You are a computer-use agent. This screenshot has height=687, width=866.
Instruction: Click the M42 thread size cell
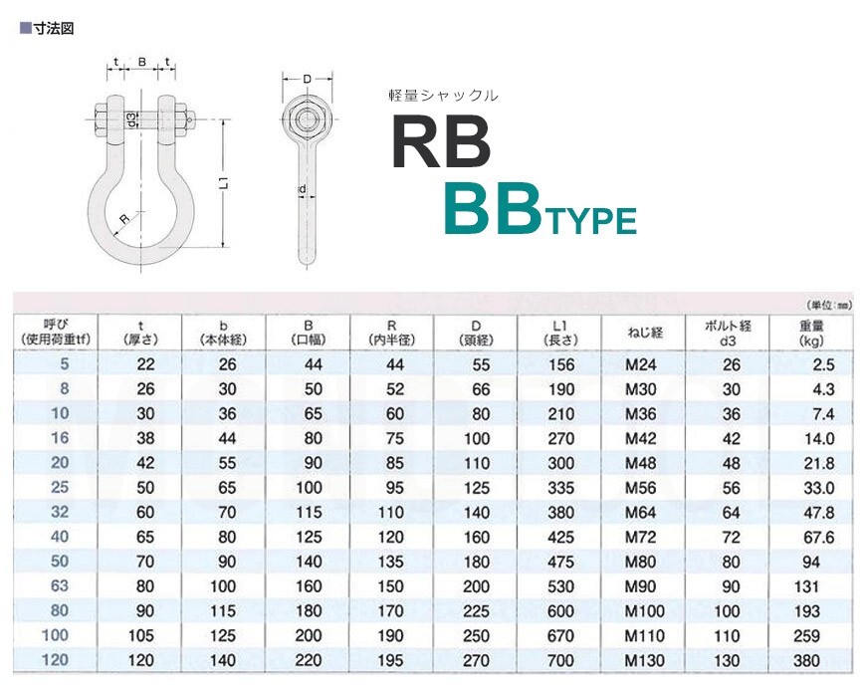pyautogui.click(x=640, y=438)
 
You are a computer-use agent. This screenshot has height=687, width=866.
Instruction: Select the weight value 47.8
pyautogui.click(x=818, y=513)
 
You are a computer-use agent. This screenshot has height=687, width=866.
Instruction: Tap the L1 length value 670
pyautogui.click(x=560, y=635)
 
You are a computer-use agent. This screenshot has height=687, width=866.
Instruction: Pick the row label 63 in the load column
pyautogui.click(x=60, y=585)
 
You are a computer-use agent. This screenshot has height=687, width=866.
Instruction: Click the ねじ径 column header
pyautogui.click(x=644, y=333)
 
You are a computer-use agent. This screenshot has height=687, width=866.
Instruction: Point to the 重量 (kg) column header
pyautogui.click(x=811, y=333)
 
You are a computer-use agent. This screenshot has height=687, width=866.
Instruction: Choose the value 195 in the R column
pyautogui.click(x=390, y=660)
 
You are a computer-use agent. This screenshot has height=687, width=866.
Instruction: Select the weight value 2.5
pyautogui.click(x=823, y=364)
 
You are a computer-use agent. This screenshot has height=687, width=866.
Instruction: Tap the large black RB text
pyautogui.click(x=441, y=141)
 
